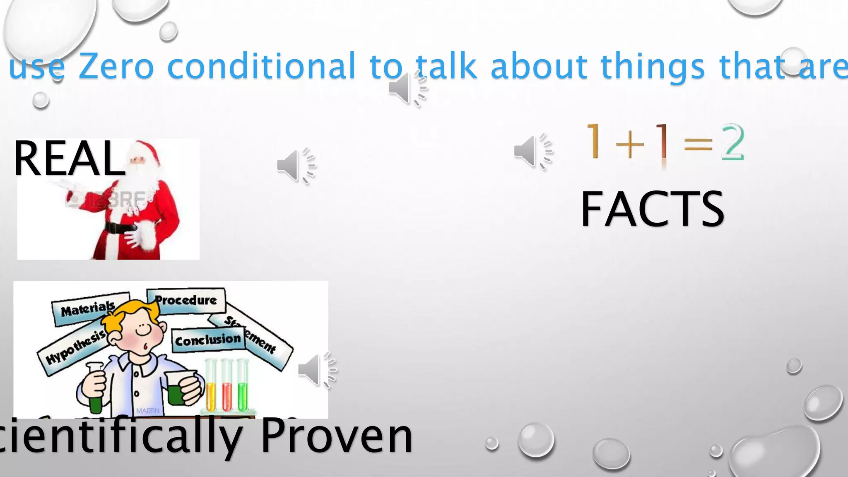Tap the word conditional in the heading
click(261, 66)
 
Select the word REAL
click(69, 159)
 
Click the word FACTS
click(652, 210)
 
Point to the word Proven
click(336, 436)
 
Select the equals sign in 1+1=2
click(698, 144)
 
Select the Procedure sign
click(186, 300)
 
